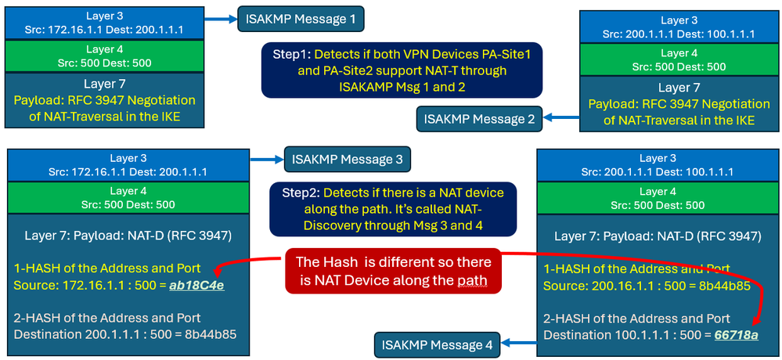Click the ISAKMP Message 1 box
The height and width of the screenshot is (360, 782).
coord(301,18)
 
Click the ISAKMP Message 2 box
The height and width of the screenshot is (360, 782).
coord(479,119)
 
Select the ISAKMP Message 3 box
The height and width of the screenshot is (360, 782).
coord(347,160)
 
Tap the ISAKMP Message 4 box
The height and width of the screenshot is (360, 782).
coord(438,344)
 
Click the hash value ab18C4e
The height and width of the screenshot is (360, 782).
coord(196,285)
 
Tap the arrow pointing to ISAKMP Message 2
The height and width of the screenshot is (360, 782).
coord(560,119)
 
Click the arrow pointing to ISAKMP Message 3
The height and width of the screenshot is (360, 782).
coord(269,160)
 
